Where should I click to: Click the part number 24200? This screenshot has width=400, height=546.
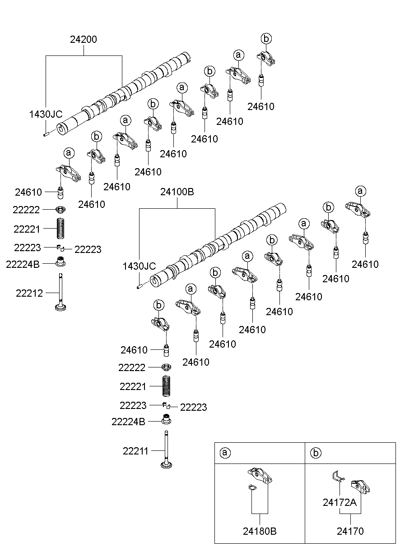coord(84,40)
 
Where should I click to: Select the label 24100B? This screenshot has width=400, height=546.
coord(177,193)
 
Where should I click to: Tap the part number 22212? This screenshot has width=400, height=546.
coord(29,293)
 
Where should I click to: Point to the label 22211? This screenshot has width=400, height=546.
coord(135,450)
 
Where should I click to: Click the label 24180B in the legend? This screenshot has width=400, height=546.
coord(260,532)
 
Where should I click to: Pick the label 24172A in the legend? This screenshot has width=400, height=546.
coord(340,502)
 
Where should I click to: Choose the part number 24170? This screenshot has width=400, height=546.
coord(350,532)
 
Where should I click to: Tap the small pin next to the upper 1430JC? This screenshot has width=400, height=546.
coord(46,133)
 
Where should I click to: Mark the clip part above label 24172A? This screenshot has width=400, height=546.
coord(337,476)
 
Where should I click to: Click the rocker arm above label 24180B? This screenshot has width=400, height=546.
coord(260,476)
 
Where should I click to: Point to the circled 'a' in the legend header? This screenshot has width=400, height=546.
coord(224,453)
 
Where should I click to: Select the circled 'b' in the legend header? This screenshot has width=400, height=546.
coord(315,453)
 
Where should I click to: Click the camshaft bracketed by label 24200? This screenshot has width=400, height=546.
coord(124,92)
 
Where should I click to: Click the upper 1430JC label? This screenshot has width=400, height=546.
coord(46,115)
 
